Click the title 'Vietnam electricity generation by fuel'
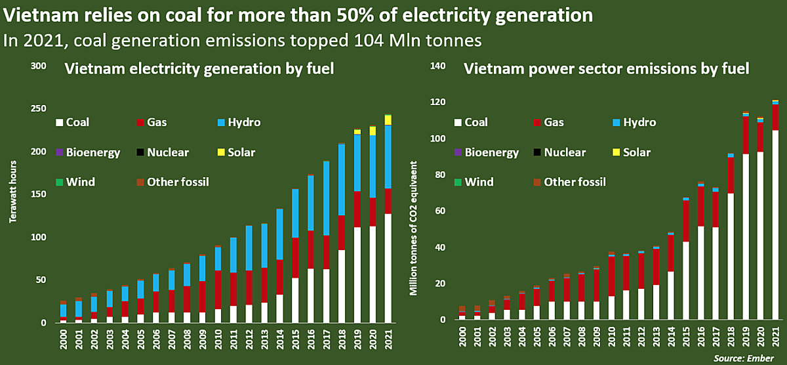(199, 69)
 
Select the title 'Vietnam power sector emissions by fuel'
(607, 69)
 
